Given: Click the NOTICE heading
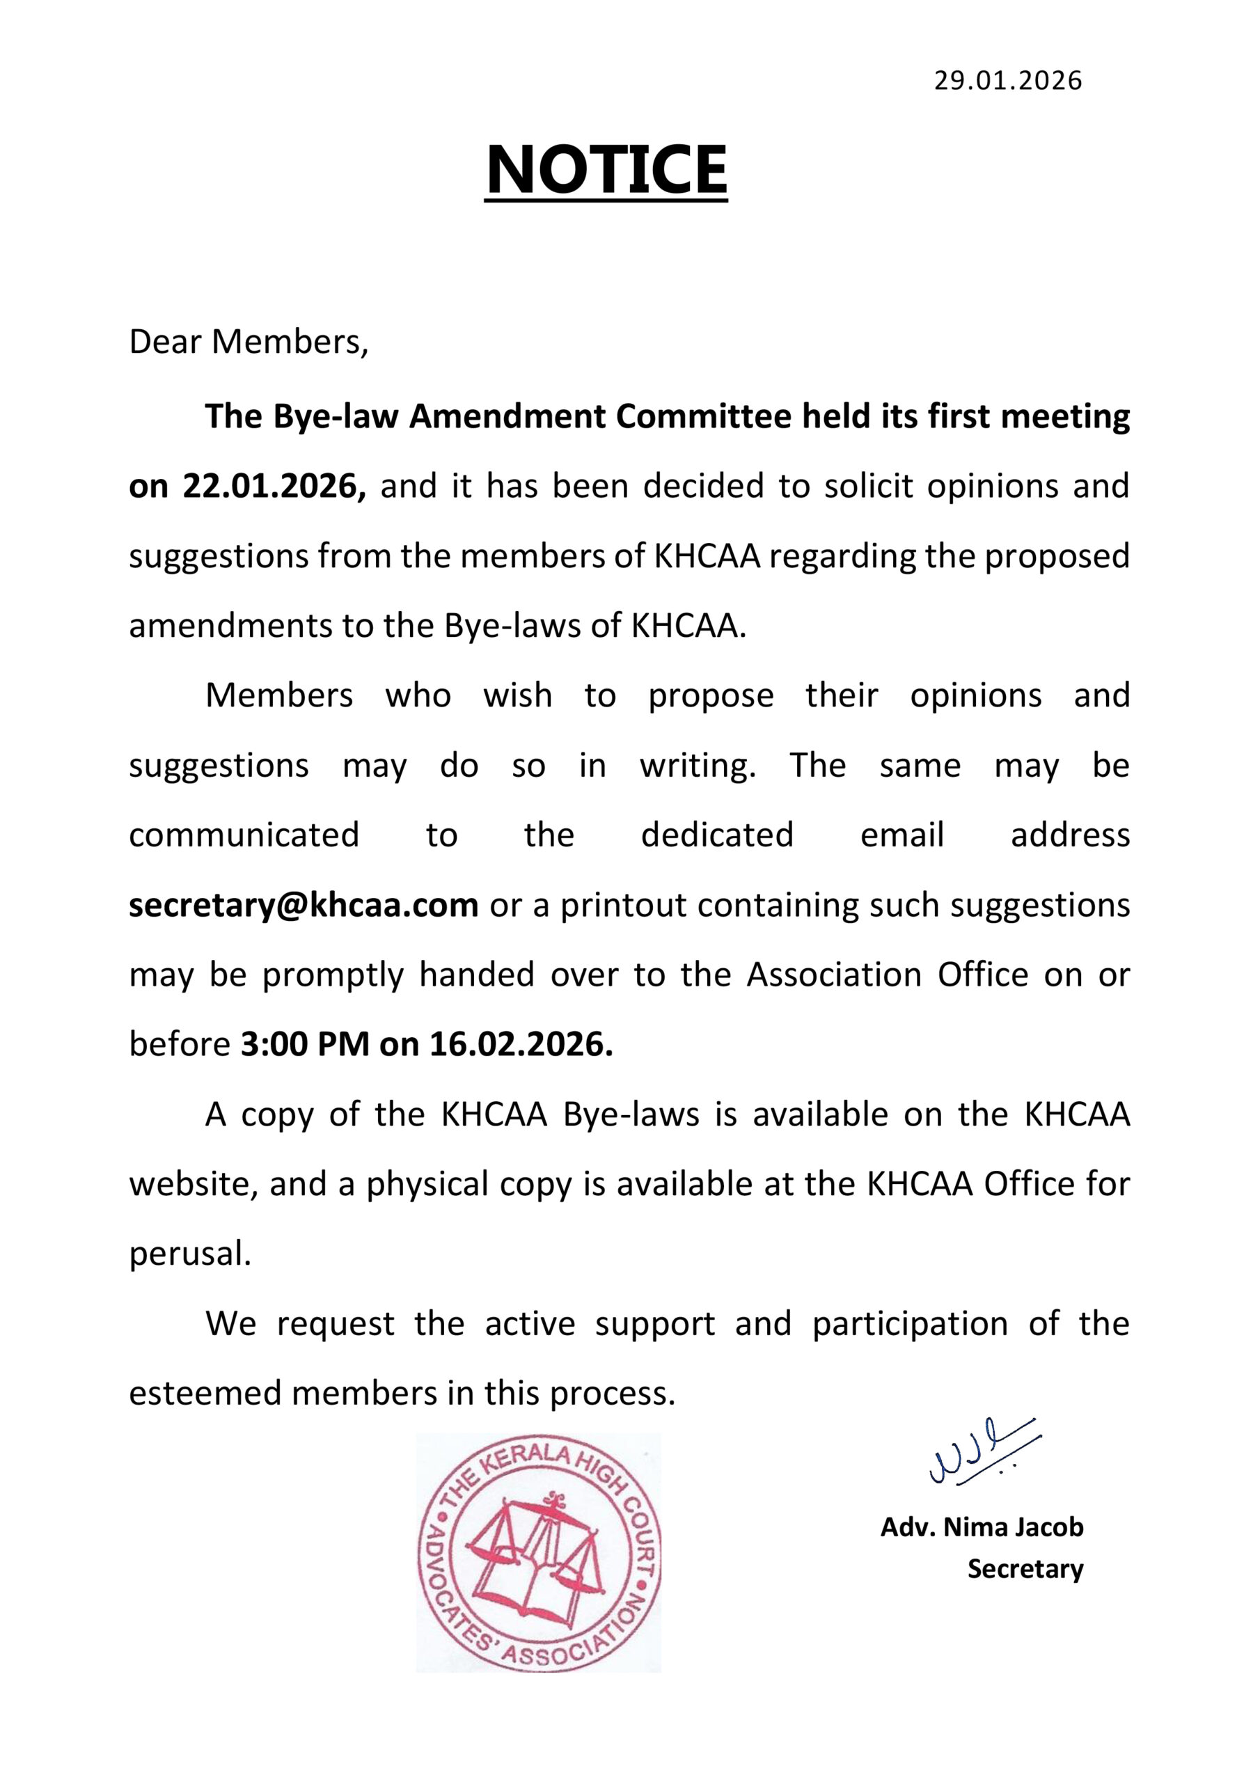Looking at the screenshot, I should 606,170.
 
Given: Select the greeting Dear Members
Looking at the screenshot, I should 248,342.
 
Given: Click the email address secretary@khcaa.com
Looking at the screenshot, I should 303,905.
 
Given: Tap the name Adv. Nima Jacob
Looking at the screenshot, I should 982,1527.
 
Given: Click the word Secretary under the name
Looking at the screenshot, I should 1025,1568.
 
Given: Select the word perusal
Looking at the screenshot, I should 189,1254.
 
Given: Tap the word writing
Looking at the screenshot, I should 697,765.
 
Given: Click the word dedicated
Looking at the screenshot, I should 716,835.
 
